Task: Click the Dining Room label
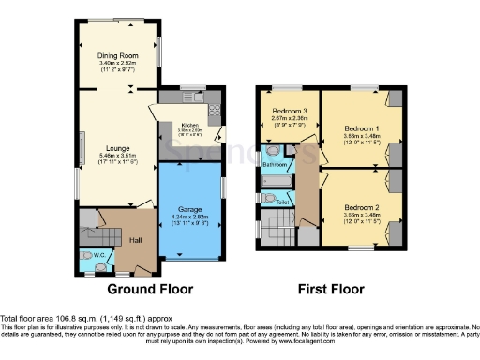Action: [118, 55]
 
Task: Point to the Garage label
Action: [189, 209]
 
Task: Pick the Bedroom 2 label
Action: [359, 206]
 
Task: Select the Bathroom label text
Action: [275, 164]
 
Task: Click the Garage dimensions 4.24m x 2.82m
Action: [189, 217]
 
